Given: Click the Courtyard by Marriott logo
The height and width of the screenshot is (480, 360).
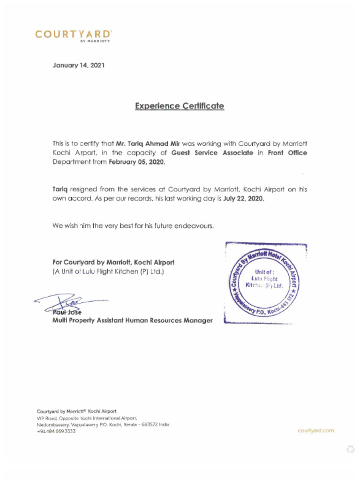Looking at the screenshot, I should tap(74, 36).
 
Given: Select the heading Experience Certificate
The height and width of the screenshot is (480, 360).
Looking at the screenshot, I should tap(180, 106).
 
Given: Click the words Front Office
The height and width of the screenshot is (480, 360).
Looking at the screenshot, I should tap(287, 153).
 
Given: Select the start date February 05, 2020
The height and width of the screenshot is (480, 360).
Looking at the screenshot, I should tap(137, 162).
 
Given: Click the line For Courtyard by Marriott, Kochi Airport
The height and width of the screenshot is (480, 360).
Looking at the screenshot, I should tap(113, 262).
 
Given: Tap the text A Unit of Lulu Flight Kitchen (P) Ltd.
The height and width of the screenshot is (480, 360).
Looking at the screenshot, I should tap(108, 271).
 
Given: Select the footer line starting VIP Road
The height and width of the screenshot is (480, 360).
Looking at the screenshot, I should tap(87, 417).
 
